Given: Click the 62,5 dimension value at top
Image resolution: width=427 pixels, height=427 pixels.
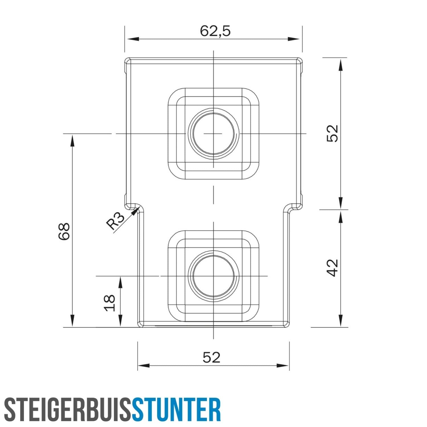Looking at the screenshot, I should click(215, 31).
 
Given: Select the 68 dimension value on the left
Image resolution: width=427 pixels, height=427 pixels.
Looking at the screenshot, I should click(64, 231).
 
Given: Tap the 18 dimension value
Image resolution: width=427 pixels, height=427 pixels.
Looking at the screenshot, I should click(110, 303).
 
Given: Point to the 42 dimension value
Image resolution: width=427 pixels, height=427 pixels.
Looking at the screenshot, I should click(332, 268).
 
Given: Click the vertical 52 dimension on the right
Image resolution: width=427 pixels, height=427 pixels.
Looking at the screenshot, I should click(332, 133).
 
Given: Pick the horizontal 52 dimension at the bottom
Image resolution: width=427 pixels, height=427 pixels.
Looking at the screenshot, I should click(212, 358).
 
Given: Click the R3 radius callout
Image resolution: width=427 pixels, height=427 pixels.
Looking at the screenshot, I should click(115, 221).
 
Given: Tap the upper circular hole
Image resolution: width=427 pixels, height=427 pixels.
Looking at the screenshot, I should click(213, 133).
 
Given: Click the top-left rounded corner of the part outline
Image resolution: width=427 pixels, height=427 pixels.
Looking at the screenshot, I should click(127, 60).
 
